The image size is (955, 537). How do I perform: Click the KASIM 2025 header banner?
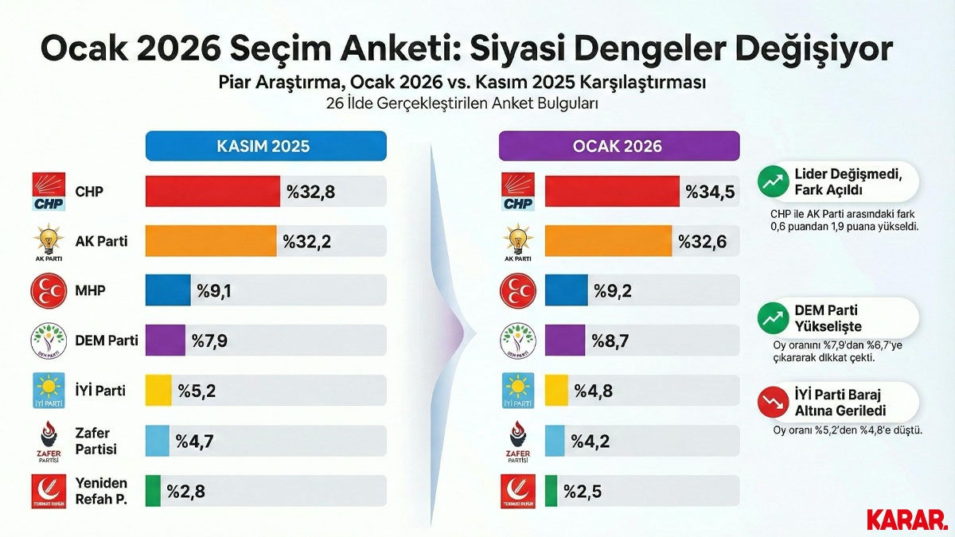[265, 146]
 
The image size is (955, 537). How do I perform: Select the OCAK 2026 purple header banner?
[618, 146]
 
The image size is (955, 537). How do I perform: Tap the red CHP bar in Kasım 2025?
[212, 192]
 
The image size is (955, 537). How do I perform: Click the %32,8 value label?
[310, 192]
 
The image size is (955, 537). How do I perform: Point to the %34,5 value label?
[710, 192]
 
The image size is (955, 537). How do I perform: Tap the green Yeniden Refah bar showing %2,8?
[153, 491]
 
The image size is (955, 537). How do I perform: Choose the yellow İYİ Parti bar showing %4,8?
[556, 391]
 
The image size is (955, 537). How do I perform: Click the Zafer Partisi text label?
[96, 441]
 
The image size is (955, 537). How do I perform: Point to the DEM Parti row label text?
[106, 340]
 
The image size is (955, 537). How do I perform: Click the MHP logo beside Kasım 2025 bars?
[48, 291]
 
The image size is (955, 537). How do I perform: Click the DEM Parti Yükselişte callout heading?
[828, 318]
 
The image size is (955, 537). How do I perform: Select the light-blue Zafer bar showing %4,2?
[554, 441]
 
